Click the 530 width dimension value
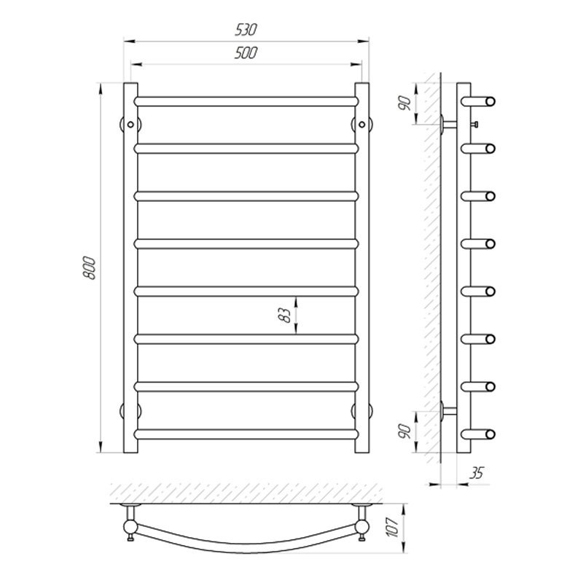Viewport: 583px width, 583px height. click(246, 30)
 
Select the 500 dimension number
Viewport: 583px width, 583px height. click(246, 52)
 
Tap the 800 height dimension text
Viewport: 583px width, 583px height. click(90, 267)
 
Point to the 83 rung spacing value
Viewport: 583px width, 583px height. click(285, 315)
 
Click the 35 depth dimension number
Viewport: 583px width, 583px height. click(477, 473)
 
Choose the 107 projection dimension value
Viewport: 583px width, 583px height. click(393, 527)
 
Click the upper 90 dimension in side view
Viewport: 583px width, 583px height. click(405, 103)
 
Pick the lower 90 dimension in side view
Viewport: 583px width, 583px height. click(405, 431)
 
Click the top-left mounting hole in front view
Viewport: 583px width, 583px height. click(130, 125)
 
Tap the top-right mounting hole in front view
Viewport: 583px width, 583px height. click(362, 125)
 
